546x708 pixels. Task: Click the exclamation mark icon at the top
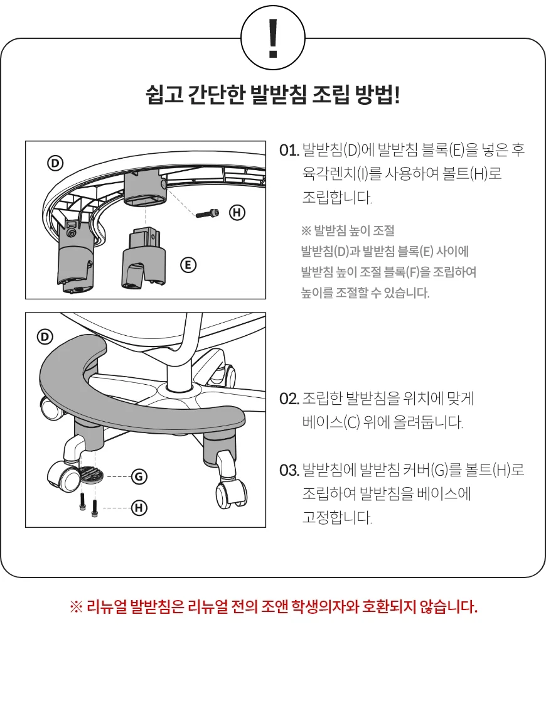(273, 38)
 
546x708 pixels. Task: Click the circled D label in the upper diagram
(56, 163)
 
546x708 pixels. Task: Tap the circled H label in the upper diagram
(237, 212)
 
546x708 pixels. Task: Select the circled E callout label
(188, 265)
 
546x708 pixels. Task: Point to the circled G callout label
(139, 476)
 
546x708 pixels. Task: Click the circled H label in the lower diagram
(139, 508)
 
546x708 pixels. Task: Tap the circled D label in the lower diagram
(45, 337)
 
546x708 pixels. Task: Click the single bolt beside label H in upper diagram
(208, 213)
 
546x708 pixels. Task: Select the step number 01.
(289, 150)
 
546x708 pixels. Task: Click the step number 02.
(289, 399)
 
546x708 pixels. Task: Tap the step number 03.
(289, 470)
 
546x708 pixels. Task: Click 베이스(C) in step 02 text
(331, 422)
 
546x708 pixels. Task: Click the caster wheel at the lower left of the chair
(63, 476)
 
